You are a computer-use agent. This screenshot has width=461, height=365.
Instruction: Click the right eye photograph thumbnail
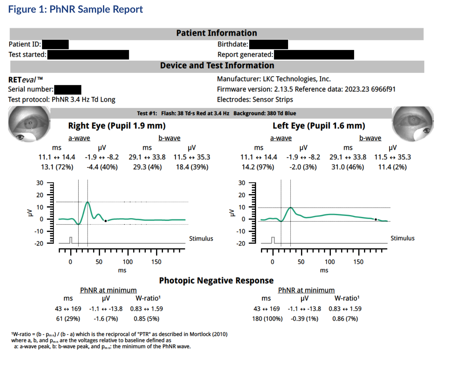(29, 124)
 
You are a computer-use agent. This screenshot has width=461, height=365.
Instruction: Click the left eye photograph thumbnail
(413, 124)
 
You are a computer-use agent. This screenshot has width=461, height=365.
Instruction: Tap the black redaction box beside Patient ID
(55, 44)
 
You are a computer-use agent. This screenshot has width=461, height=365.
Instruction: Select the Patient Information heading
(217, 33)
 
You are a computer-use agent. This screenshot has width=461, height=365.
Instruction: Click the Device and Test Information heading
(217, 66)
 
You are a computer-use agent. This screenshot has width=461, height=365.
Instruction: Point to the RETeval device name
(25, 80)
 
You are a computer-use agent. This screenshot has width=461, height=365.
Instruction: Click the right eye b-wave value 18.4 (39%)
(192, 167)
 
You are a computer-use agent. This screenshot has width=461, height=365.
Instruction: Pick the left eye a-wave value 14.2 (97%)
(258, 167)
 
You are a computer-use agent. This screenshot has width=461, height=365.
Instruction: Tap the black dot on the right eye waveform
(106, 221)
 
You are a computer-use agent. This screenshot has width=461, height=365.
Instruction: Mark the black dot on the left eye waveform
(376, 219)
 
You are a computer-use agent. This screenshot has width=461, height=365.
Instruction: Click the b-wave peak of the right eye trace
(88, 202)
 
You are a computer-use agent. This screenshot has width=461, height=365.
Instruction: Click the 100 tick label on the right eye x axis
(128, 262)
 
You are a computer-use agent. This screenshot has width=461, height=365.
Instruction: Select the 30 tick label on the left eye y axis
(242, 183)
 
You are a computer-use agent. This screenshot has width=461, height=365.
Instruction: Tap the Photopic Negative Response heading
(216, 281)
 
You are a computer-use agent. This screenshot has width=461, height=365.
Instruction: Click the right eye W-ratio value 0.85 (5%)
(146, 319)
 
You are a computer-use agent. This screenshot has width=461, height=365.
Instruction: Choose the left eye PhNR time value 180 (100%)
(267, 319)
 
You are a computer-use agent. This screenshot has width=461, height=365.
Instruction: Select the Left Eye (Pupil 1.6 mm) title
(319, 126)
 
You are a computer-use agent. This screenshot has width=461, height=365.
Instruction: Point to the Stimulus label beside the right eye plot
(201, 239)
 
